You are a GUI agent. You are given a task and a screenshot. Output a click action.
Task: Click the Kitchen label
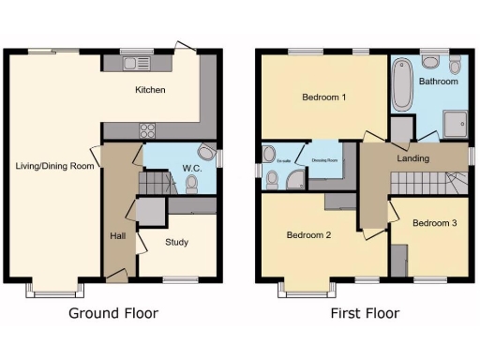(x=150, y=91)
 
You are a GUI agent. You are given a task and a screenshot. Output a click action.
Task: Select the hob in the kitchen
(x=148, y=129)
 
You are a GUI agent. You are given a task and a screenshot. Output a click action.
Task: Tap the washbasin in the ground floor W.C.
(x=207, y=152)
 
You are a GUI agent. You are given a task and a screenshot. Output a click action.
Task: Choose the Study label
(x=176, y=242)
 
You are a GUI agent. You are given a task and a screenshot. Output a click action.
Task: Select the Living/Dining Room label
(x=55, y=166)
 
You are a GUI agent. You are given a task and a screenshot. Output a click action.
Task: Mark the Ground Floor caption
(x=113, y=313)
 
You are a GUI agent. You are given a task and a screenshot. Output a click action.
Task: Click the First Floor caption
(x=365, y=313)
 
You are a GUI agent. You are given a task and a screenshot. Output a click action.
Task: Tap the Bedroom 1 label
(x=324, y=97)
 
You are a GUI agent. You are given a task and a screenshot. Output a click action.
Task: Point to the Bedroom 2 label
(x=309, y=234)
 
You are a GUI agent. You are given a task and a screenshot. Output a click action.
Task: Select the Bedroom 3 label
(x=435, y=223)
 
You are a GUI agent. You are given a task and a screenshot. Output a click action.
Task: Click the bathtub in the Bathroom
(x=401, y=84)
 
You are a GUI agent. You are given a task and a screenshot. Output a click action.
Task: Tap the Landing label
(x=412, y=158)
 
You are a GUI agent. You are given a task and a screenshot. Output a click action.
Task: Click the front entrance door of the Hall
(x=117, y=274)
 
